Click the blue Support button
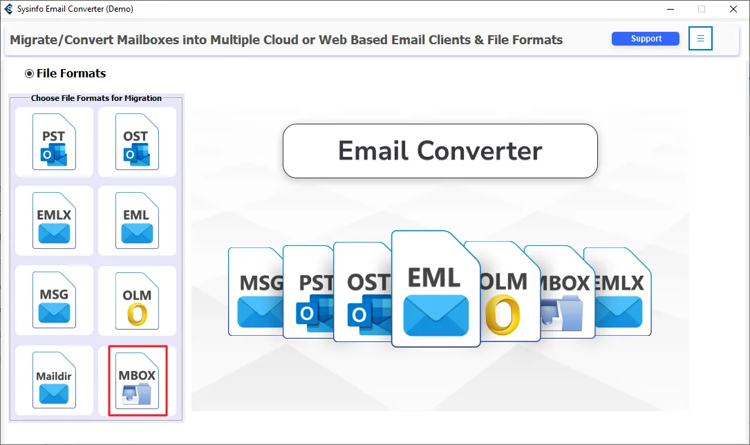point(646,39)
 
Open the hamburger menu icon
point(700,39)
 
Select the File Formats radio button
point(29,73)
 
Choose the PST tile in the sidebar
point(54,142)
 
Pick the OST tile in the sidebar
point(136,142)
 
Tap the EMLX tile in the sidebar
point(54,221)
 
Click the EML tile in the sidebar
point(136,221)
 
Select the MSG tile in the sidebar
point(54,301)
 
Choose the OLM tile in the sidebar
point(136,301)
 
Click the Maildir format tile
point(54,381)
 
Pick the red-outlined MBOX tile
point(138,381)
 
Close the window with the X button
point(733,9)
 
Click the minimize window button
point(670,9)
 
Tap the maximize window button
point(702,9)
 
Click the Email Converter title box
point(440,151)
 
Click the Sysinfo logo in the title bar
point(9,9)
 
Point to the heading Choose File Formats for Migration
point(96,98)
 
